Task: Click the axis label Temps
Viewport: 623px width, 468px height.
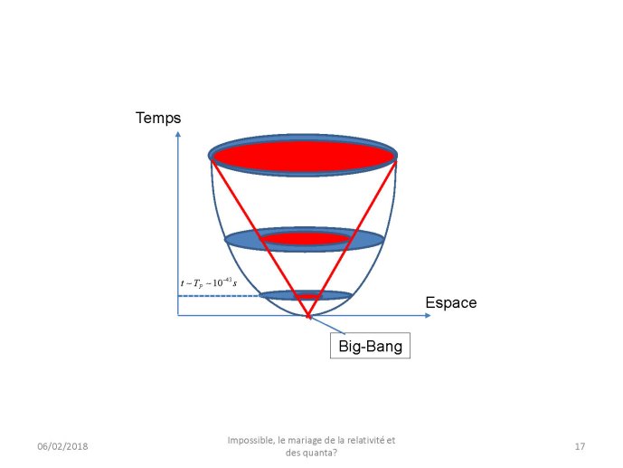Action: pos(158,118)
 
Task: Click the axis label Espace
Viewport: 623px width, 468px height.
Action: pos(451,302)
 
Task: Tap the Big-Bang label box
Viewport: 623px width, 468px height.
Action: pos(370,346)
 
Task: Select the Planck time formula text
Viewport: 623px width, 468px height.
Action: pos(209,282)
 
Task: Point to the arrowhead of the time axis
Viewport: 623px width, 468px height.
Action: pos(178,134)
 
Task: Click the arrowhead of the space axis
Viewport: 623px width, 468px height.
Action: pos(428,315)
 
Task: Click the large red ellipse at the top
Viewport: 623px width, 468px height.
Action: pos(303,156)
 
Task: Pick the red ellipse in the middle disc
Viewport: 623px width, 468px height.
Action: pos(306,239)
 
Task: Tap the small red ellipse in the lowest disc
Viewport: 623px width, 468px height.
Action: pos(308,297)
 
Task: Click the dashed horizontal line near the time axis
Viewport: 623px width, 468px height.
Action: pos(219,296)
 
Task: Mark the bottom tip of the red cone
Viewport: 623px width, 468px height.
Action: pos(308,317)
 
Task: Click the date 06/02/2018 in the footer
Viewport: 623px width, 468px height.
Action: pos(62,446)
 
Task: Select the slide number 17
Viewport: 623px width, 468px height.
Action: pos(580,446)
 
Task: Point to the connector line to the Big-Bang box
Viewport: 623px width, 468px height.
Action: pos(326,324)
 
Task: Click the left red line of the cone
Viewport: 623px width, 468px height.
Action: pos(260,237)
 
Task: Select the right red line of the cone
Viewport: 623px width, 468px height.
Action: pos(353,237)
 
